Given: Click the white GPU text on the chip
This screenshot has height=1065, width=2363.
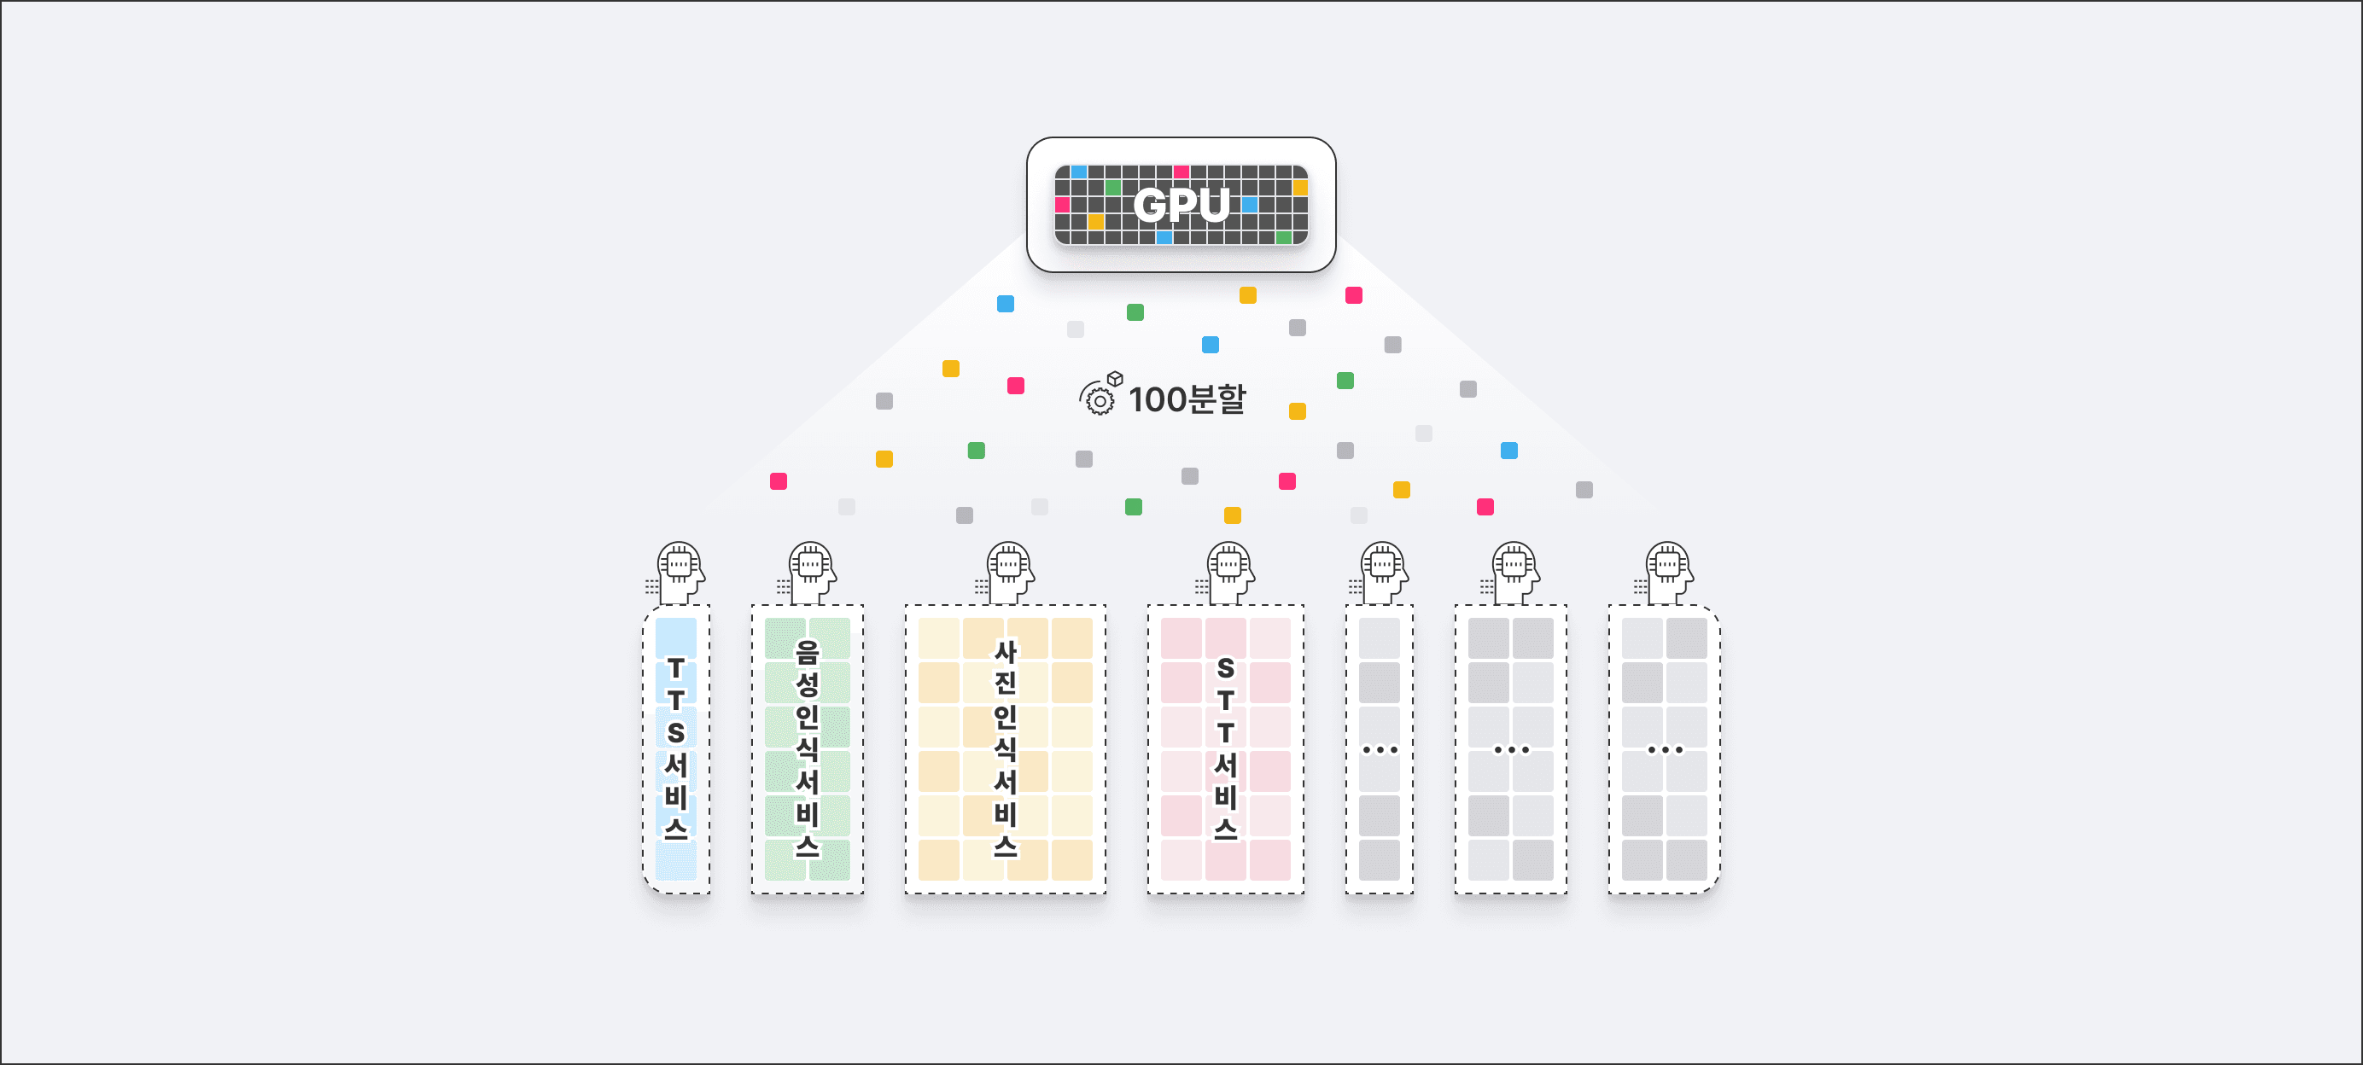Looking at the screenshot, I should point(1181,205).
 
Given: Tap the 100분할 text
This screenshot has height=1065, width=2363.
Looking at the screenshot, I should point(1187,399).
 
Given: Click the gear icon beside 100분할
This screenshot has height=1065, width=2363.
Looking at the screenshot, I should point(1099,399).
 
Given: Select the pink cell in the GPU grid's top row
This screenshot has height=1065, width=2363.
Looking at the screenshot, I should point(1181,172).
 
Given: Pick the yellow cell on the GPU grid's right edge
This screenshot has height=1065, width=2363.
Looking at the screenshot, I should point(1300,188).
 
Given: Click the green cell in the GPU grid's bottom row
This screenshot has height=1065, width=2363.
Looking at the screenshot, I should point(1283,237).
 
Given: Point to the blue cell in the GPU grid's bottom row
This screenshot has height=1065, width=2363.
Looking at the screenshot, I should point(1164,237).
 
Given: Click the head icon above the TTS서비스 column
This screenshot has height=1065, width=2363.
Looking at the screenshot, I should point(680,572).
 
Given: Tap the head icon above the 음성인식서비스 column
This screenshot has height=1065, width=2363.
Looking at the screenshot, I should point(811,572).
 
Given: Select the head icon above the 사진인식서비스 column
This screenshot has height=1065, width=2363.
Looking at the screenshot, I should point(1009,572).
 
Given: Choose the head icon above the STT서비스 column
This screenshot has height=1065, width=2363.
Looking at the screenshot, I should point(1229,572).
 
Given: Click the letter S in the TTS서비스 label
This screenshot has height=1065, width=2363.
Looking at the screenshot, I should point(676,733).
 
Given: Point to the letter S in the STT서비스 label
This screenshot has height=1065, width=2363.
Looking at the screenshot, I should point(1226,668).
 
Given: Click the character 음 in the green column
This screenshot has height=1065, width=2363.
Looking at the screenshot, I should point(808,651).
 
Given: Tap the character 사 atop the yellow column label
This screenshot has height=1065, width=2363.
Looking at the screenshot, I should point(1006,651).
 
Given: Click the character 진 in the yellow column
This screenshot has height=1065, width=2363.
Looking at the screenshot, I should point(1006,684).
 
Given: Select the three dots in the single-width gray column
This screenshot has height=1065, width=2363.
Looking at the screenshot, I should point(1380,749).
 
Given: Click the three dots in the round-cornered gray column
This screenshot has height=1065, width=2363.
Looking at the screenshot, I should point(1665,749).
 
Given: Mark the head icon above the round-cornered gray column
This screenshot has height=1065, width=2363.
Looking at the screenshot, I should point(1668,572).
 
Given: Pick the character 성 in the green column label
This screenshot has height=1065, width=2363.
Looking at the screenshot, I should point(808,684).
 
